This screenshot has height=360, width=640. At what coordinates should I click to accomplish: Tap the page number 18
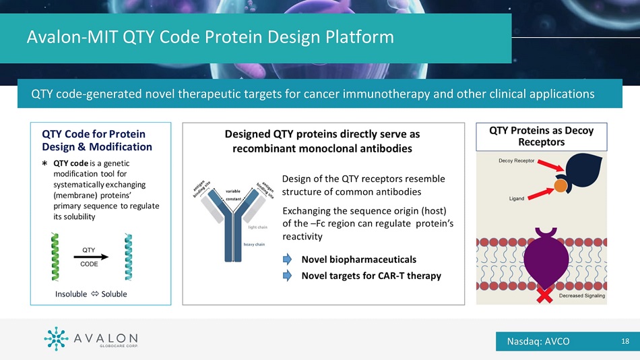coord(625,341)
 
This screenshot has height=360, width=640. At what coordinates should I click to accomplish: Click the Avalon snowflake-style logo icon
coord(55,339)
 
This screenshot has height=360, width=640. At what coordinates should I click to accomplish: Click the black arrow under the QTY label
coord(91,256)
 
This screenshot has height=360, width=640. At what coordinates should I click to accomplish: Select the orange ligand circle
coord(559,184)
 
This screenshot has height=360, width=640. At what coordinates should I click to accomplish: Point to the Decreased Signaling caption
coord(581,296)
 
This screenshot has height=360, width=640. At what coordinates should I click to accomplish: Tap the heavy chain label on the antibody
coord(253,244)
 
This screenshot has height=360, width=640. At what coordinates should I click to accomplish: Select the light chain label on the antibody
coord(258,227)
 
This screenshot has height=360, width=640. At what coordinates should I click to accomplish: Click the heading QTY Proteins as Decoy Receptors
coord(541,136)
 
